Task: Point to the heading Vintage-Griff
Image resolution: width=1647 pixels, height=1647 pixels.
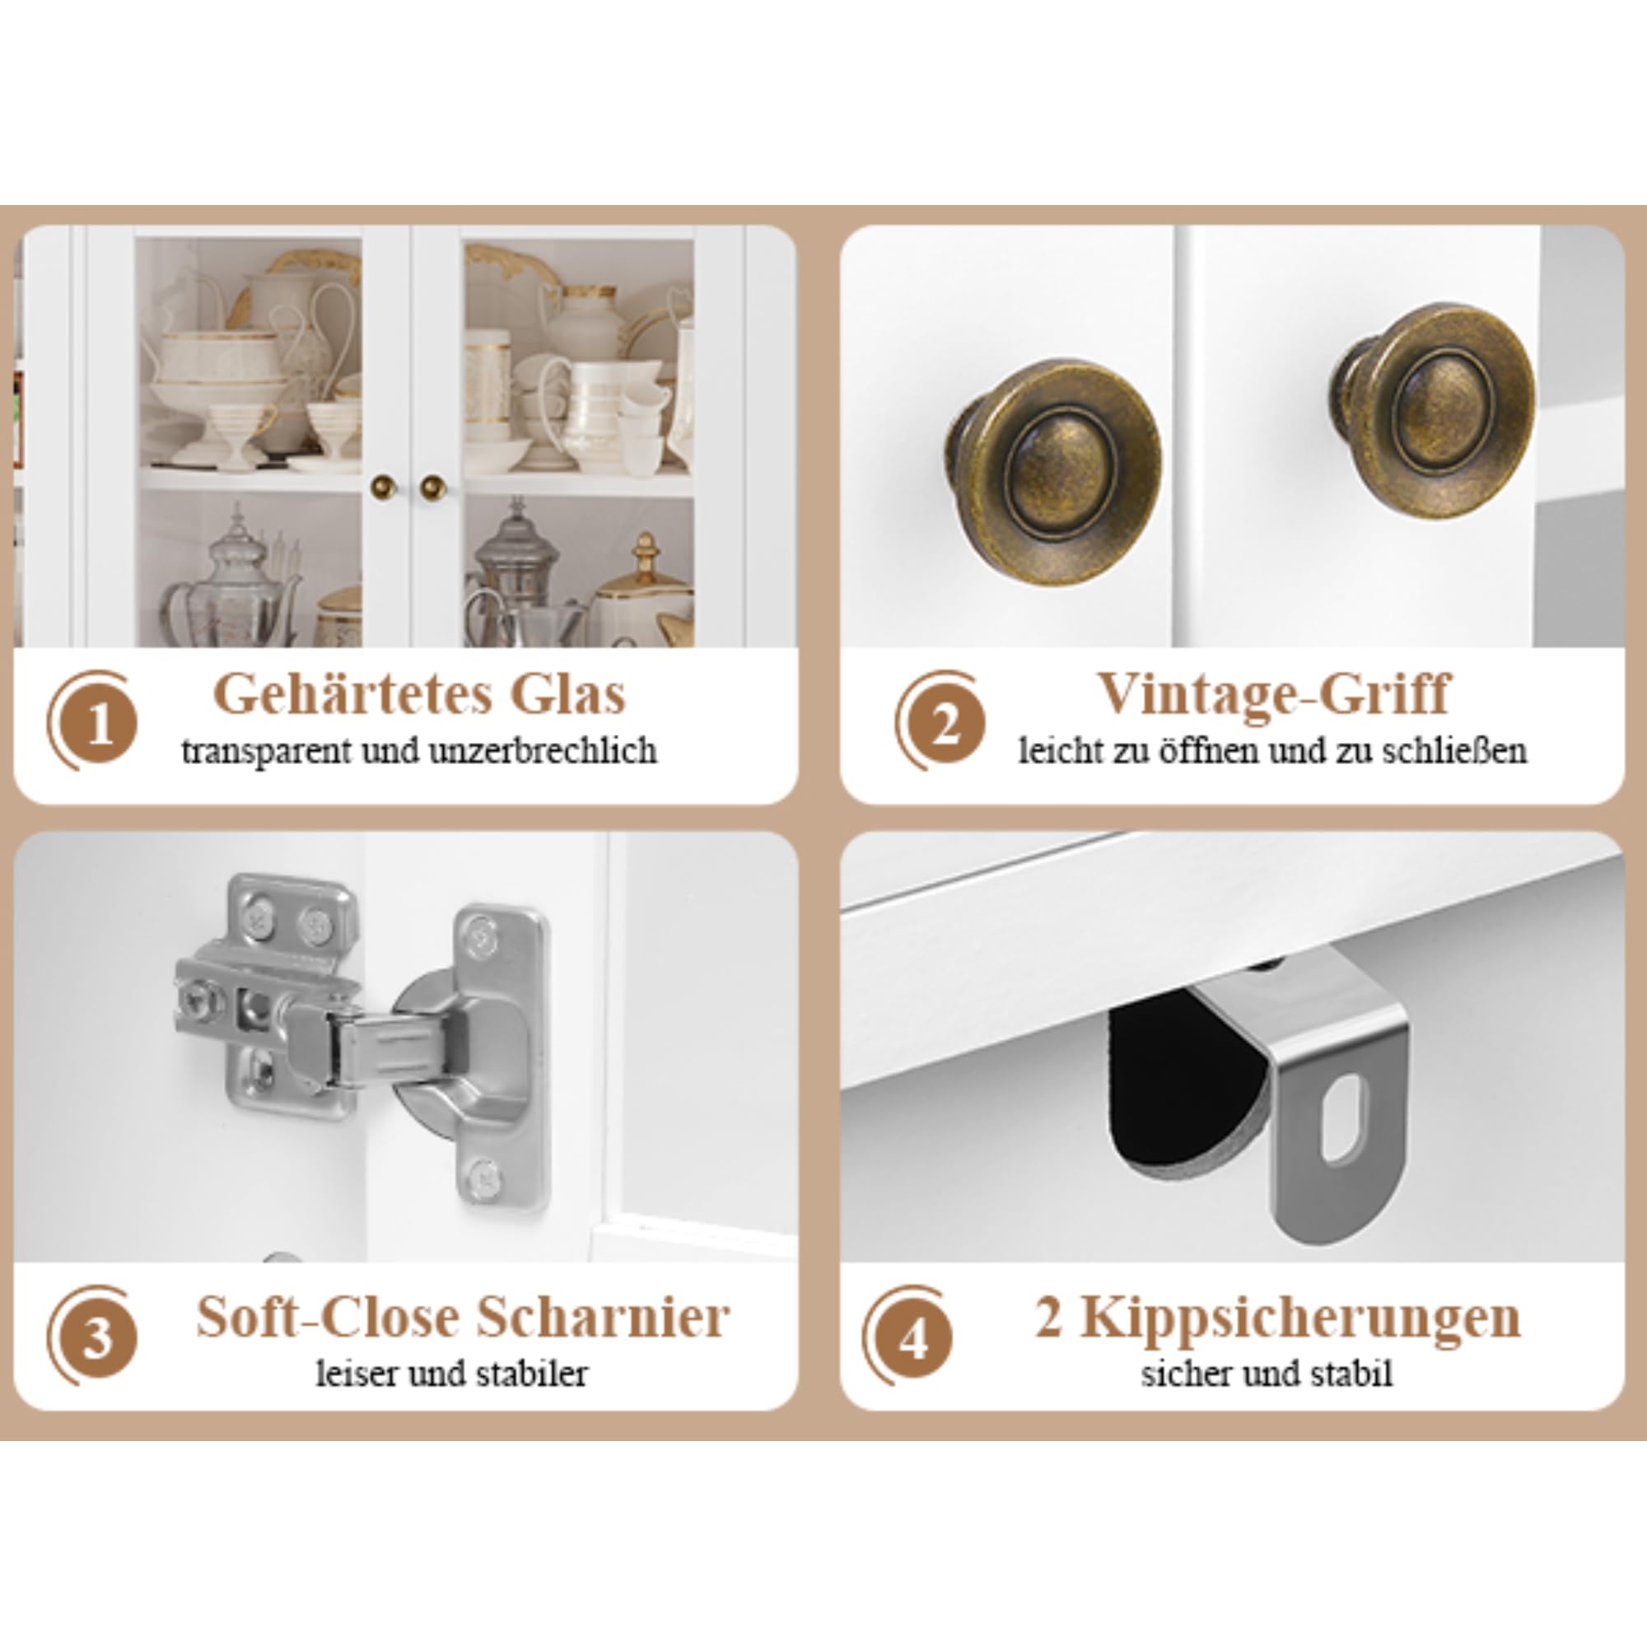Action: [x=1272, y=696]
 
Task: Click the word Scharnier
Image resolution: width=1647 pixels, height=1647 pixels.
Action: [x=602, y=1317]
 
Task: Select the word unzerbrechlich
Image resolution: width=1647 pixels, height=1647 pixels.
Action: [x=542, y=751]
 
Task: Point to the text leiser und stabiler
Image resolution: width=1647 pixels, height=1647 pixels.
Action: [x=452, y=1374]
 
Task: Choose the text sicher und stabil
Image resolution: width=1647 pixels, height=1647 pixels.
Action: [x=1267, y=1374]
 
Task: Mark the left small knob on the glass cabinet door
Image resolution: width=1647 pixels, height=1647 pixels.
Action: [x=383, y=487]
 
